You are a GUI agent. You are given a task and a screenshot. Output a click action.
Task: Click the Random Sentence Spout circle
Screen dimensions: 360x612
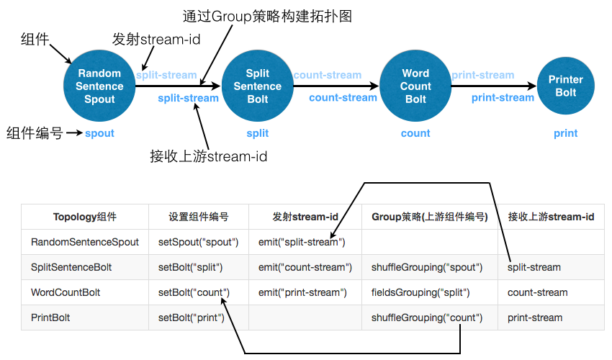tap(99, 86)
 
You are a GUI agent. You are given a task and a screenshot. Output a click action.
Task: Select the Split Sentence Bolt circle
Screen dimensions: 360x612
tap(257, 86)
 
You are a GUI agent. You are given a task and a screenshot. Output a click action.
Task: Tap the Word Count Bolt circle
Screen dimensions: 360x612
tap(415, 86)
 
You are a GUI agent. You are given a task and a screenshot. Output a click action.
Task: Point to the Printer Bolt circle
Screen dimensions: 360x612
tap(565, 86)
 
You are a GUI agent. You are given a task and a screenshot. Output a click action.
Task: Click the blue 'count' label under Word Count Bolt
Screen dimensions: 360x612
tap(415, 133)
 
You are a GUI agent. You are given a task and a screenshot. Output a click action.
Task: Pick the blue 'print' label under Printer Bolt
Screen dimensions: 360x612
tap(565, 133)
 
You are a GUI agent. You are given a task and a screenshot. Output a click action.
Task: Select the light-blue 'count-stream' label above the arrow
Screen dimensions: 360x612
tap(327, 75)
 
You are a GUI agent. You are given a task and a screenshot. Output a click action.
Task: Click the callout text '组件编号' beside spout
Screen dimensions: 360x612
tap(35, 133)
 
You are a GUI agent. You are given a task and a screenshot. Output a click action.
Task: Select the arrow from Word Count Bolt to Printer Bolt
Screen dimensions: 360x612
tap(493, 86)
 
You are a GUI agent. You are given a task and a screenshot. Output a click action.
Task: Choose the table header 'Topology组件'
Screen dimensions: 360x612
tap(84, 217)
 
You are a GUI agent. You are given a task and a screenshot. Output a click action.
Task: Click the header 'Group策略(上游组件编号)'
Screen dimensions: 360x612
tap(429, 217)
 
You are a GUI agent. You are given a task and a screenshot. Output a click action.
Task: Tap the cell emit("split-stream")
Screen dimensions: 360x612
tap(302, 242)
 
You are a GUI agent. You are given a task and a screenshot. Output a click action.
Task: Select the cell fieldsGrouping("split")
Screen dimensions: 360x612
tap(420, 292)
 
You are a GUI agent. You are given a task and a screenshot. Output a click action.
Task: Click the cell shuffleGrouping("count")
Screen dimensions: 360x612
tap(426, 318)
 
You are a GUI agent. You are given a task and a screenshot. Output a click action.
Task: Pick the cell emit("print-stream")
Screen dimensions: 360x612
tap(302, 292)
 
